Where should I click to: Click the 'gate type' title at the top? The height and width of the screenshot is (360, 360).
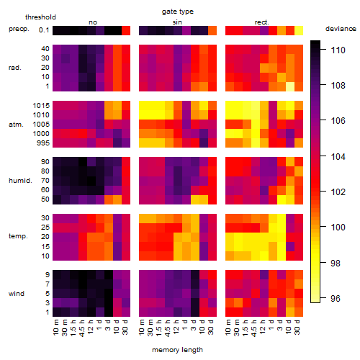(x=178, y=12)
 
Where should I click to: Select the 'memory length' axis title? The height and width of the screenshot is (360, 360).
(x=177, y=350)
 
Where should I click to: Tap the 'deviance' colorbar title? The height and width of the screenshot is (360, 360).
(x=341, y=29)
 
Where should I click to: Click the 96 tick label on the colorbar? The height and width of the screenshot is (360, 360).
(x=336, y=298)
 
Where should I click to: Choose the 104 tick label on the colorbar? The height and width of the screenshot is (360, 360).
(x=338, y=156)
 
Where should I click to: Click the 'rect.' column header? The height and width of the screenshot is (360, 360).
(x=261, y=22)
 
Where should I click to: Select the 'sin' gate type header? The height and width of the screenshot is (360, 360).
(x=177, y=22)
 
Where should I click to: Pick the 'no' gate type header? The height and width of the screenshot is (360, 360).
(x=93, y=22)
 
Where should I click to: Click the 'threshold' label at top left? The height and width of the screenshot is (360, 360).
(x=40, y=17)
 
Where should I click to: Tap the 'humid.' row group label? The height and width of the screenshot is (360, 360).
(x=20, y=180)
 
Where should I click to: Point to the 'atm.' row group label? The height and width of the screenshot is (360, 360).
(x=16, y=125)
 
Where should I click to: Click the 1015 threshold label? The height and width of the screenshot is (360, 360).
(x=41, y=105)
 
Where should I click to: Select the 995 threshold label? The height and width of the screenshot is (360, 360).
(x=43, y=143)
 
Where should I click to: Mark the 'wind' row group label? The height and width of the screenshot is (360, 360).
(x=17, y=293)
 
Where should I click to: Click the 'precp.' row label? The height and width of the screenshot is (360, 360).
(x=19, y=29)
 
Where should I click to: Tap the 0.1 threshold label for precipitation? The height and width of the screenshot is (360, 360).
(x=44, y=30)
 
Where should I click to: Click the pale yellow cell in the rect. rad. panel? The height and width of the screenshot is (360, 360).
(x=290, y=86)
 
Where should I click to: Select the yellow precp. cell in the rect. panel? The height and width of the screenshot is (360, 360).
(x=299, y=30)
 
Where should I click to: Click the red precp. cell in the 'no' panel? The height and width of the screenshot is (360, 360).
(x=126, y=30)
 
